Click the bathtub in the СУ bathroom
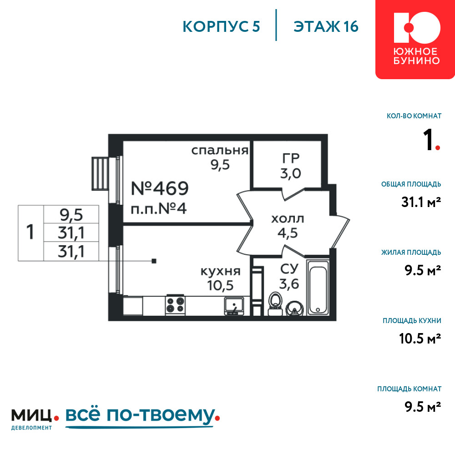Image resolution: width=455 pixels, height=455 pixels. tap(318, 287)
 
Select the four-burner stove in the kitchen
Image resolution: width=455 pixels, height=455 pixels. tap(175, 305)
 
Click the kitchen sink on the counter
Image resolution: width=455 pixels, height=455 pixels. tap(234, 306)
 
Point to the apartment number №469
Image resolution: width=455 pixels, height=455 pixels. tap(160, 188)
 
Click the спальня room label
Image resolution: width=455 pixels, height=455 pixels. tap(220, 150)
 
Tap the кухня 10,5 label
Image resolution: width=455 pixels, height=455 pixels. tap(221, 278)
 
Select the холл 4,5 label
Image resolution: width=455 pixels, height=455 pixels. tap(288, 226)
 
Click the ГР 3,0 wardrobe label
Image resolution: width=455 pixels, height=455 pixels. tap(290, 166)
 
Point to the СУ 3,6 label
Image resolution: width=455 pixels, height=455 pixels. tap(289, 277)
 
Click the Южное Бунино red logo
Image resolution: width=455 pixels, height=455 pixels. tap(415, 40)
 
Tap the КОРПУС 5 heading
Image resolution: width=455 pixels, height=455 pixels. tap(221, 27)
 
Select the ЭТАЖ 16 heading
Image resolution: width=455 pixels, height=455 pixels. tap(326, 27)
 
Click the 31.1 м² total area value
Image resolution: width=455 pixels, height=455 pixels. tap(421, 202)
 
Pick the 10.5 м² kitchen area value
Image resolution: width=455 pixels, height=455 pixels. tap(420, 339)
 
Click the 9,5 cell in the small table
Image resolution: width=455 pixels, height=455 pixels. tap(71, 215)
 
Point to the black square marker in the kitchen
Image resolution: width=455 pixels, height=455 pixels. tap(154, 261)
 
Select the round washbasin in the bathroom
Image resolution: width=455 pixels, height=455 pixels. tap(294, 308)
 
